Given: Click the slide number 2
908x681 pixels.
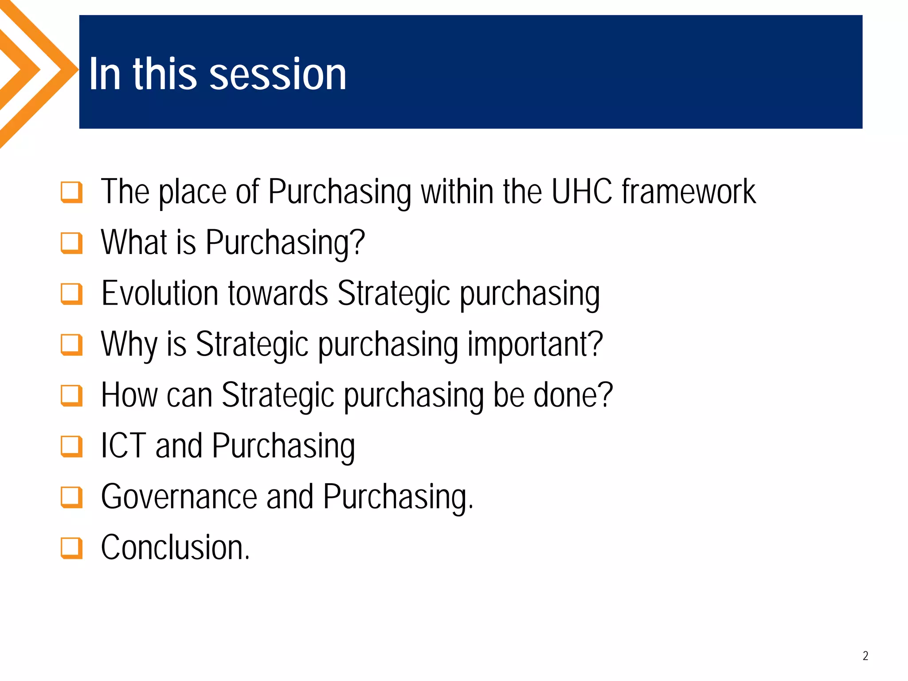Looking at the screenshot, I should [x=865, y=656].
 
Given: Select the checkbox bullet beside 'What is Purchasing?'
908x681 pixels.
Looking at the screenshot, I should [x=71, y=243].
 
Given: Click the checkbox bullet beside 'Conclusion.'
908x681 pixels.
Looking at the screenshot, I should [x=71, y=548].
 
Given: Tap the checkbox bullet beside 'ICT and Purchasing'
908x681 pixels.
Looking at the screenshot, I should [x=71, y=446].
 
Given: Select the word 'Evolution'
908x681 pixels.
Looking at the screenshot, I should [x=160, y=294].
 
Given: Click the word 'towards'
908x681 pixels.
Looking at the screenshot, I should [x=278, y=294].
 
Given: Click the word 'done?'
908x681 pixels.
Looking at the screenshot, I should [x=573, y=395].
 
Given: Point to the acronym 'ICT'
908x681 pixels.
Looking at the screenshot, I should [x=123, y=446].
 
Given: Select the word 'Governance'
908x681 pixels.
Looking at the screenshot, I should [x=179, y=497].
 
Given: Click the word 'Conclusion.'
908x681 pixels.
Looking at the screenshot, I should [x=176, y=548].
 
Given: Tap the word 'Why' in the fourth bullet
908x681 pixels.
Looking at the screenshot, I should [x=129, y=345].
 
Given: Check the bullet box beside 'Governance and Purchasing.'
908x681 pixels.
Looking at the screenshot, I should [x=71, y=497].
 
